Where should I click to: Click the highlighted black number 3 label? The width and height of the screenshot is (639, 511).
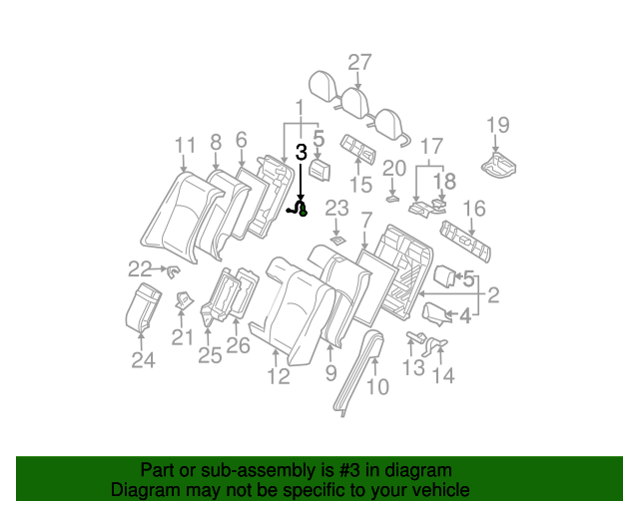(302, 153)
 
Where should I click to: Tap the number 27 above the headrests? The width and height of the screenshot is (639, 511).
(359, 62)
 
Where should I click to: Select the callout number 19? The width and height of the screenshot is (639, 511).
(497, 125)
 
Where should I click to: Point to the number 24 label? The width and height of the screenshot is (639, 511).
(144, 360)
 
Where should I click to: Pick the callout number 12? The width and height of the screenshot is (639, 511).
(278, 375)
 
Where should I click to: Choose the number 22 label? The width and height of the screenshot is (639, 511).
(140, 267)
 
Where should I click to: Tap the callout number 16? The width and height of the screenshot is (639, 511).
(474, 208)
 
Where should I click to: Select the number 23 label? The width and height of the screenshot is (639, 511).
(336, 209)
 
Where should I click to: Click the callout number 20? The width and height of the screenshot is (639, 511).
(394, 168)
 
